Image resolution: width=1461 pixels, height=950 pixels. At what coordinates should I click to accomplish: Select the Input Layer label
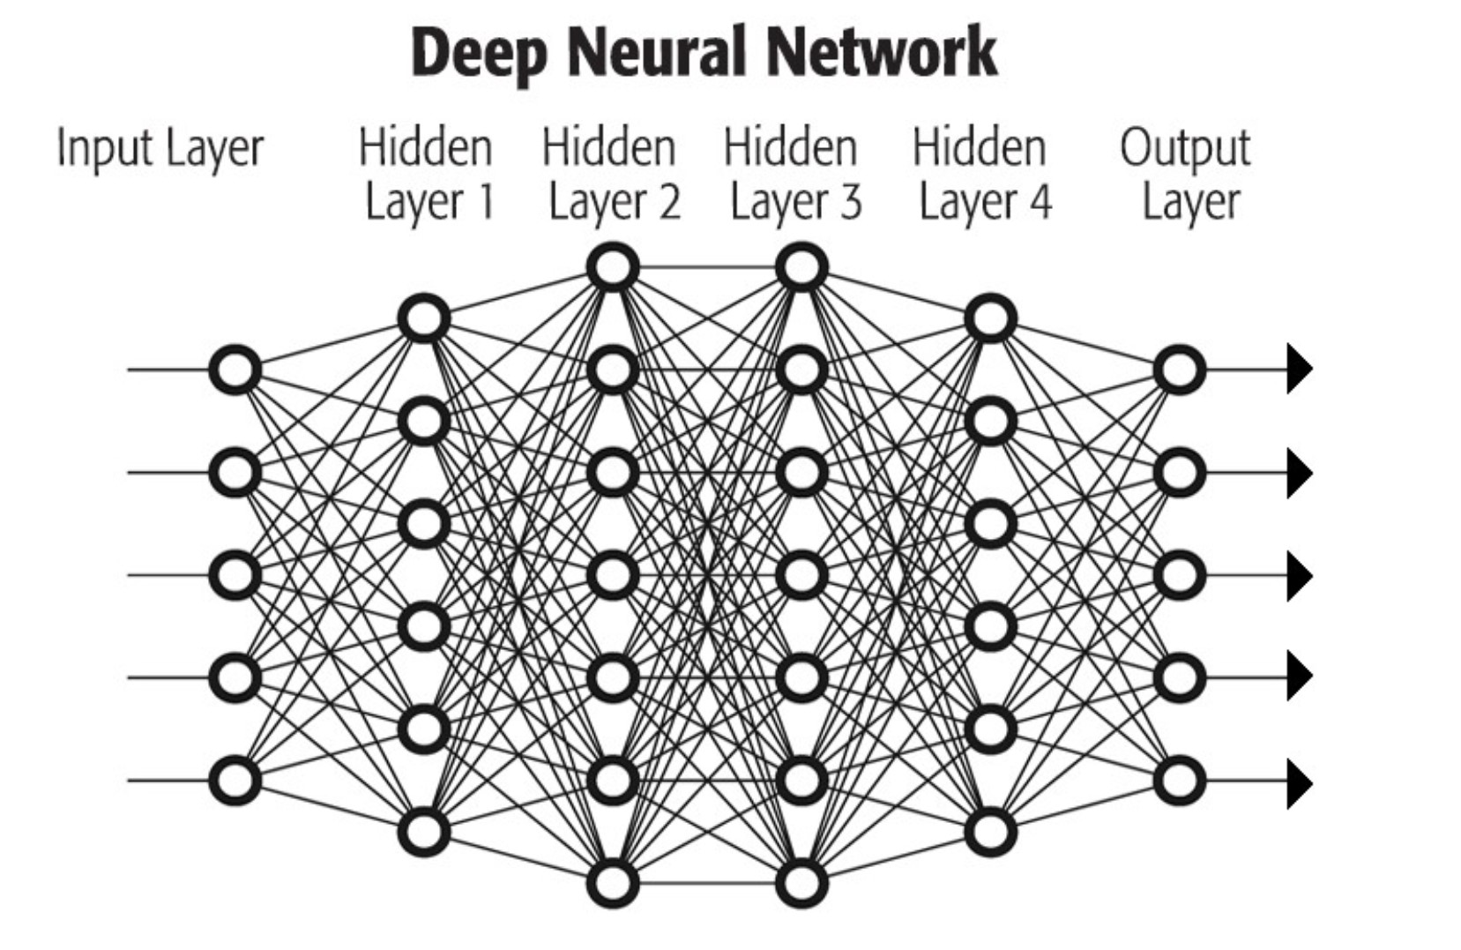tap(160, 148)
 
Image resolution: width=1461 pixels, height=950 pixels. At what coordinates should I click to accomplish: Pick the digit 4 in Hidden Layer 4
tap(1040, 202)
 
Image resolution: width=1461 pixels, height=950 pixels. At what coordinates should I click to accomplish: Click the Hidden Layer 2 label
tap(610, 174)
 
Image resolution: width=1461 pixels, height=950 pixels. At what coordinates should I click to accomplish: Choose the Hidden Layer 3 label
tap(792, 174)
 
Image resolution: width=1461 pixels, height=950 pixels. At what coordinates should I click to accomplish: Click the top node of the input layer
tap(235, 370)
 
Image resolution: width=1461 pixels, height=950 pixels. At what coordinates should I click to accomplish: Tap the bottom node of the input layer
tap(235, 781)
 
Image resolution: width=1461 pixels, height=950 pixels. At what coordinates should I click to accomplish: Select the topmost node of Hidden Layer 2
tap(613, 267)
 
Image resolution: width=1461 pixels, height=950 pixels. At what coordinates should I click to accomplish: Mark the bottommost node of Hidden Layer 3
tap(801, 883)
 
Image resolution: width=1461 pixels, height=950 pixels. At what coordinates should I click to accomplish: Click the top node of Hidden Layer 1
tap(424, 318)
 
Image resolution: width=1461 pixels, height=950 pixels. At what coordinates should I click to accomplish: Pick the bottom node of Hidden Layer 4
tap(991, 832)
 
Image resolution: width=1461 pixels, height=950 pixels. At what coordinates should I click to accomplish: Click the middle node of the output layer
tap(1180, 575)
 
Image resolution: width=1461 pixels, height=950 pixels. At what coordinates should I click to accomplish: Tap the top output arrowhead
tap(1299, 369)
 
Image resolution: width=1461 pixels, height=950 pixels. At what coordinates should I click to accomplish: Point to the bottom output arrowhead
tap(1299, 782)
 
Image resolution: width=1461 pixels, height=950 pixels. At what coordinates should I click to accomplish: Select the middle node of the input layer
tap(235, 575)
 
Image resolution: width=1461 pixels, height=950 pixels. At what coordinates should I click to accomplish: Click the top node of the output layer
tap(1180, 370)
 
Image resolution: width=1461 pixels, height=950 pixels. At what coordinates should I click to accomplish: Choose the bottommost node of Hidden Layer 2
tap(613, 883)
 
